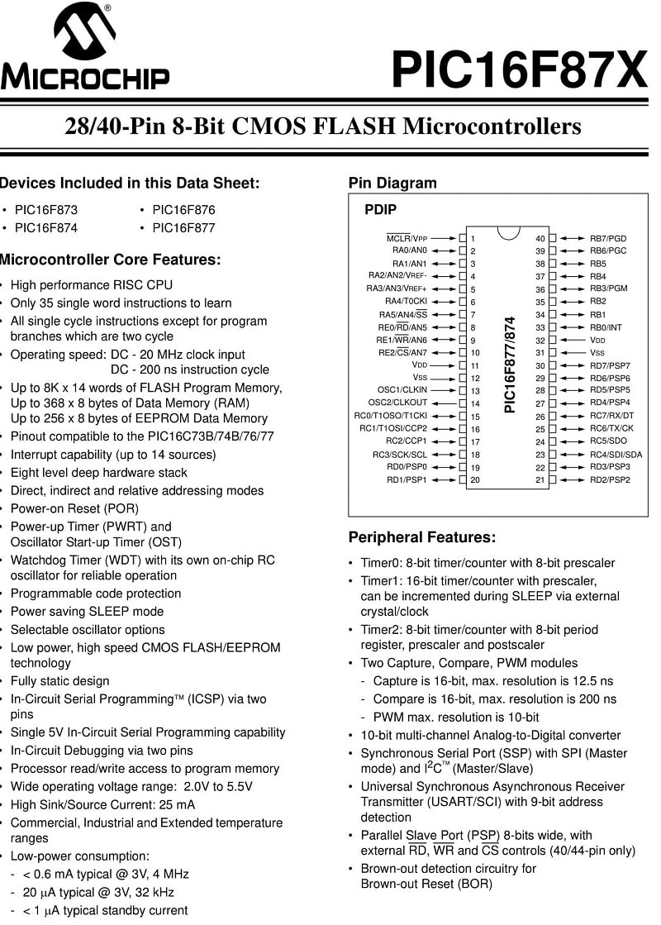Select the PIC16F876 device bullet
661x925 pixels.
coord(183,210)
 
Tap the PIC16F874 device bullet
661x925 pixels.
coord(46,228)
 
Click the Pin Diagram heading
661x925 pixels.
coord(392,183)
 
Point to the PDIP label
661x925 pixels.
coord(380,210)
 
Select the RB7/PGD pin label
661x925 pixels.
coord(608,238)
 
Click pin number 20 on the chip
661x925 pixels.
coord(475,479)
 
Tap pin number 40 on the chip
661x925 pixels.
coord(540,238)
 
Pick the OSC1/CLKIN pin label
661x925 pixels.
coord(402,390)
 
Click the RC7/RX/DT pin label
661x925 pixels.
coord(611,416)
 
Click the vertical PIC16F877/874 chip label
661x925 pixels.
coord(510,364)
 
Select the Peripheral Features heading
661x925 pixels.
coord(422,537)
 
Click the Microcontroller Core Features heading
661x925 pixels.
coord(111,260)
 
